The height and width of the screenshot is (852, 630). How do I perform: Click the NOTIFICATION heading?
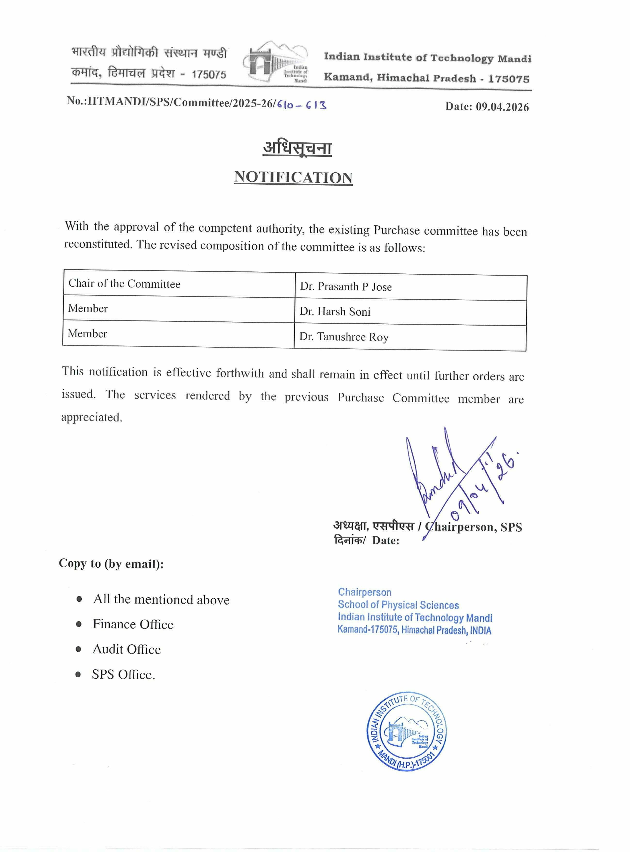point(293,177)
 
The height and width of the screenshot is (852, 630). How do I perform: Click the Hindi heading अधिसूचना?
point(297,148)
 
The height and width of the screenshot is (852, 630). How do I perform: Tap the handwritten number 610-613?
point(302,105)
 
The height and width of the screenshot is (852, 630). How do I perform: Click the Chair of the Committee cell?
point(124,284)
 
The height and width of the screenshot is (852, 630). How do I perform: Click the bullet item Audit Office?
point(127,649)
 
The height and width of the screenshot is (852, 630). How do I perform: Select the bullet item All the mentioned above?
point(161,599)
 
